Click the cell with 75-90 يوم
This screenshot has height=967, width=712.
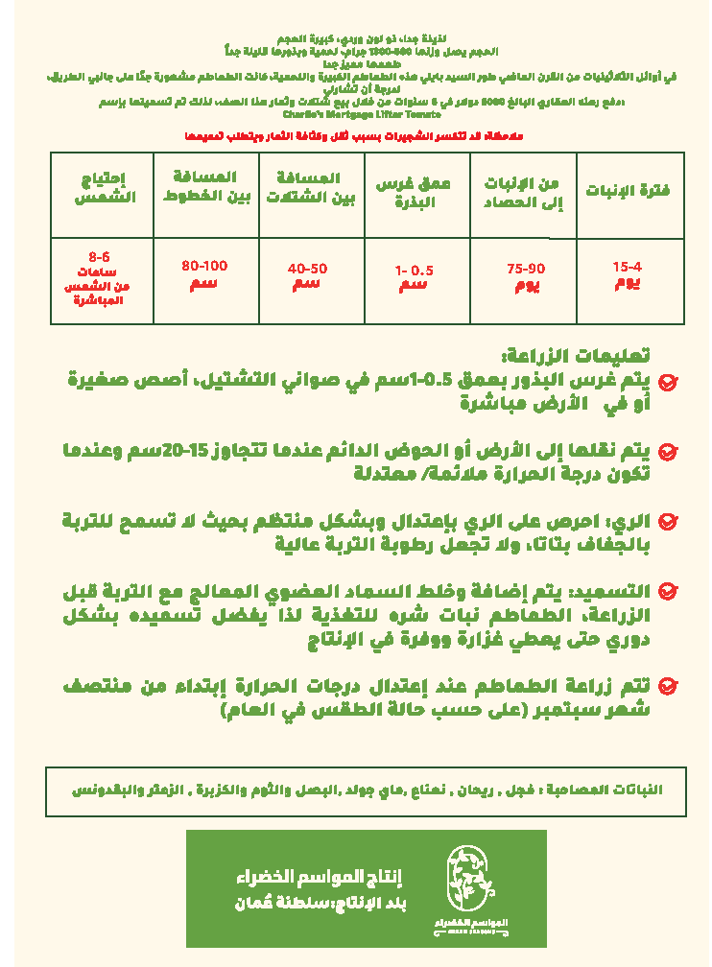click(x=526, y=277)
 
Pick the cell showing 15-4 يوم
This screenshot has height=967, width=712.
click(x=627, y=275)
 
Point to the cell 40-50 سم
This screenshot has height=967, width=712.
click(x=307, y=276)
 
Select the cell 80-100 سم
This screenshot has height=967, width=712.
click(x=204, y=273)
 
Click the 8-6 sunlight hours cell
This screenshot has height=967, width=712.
click(x=100, y=279)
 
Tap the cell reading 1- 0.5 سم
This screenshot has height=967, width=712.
click(x=414, y=277)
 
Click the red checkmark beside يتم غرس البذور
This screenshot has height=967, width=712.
click(x=669, y=382)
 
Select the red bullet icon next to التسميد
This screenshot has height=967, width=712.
click(x=669, y=592)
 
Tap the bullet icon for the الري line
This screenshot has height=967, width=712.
click(x=669, y=522)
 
